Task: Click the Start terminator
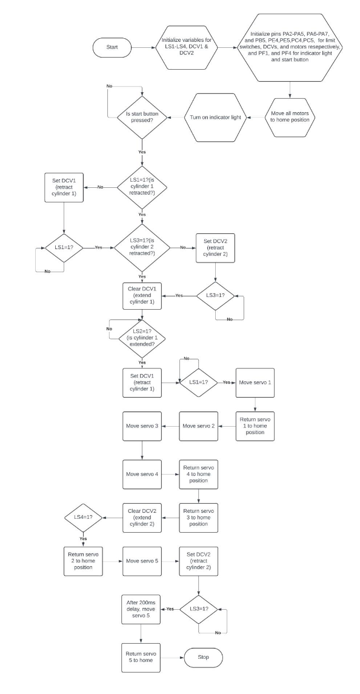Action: pyautogui.click(x=112, y=47)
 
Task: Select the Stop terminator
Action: pyautogui.click(x=203, y=657)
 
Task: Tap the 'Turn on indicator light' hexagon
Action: pyautogui.click(x=215, y=118)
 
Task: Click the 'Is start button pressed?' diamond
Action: pyautogui.click(x=142, y=118)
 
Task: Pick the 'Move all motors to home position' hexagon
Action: pyautogui.click(x=290, y=117)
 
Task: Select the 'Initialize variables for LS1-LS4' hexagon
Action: pyautogui.click(x=187, y=47)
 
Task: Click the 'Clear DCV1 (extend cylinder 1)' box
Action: pyautogui.click(x=142, y=296)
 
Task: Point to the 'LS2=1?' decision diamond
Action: pyautogui.click(x=142, y=338)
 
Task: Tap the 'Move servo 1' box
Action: pyautogui.click(x=255, y=382)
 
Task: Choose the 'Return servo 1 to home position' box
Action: pyautogui.click(x=255, y=425)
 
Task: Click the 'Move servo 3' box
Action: pyautogui.click(x=142, y=425)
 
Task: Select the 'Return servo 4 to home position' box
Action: pyautogui.click(x=198, y=474)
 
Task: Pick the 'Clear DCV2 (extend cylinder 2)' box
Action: pyautogui.click(x=142, y=518)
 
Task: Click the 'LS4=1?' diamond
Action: pyautogui.click(x=83, y=518)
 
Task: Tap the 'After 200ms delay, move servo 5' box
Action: pyautogui.click(x=141, y=609)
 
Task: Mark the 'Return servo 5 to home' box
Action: pyautogui.click(x=141, y=657)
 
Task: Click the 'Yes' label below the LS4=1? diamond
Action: pyautogui.click(x=83, y=539)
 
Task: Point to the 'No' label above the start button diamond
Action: pyautogui.click(x=109, y=86)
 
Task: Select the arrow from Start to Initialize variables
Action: pyautogui.click(x=144, y=47)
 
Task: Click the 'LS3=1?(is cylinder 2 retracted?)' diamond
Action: pyautogui.click(x=142, y=247)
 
